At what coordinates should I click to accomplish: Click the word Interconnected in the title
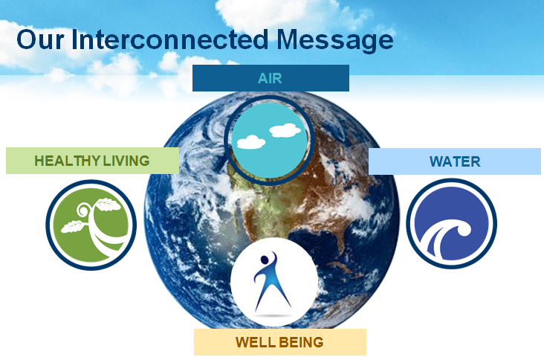pyautogui.click(x=169, y=39)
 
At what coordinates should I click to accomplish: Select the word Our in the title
pyautogui.click(x=40, y=39)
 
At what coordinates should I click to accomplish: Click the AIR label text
pyautogui.click(x=270, y=78)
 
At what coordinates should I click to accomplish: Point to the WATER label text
pyautogui.click(x=455, y=161)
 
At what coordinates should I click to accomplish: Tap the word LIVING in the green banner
pyautogui.click(x=126, y=161)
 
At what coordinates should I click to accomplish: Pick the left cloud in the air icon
pyautogui.click(x=251, y=142)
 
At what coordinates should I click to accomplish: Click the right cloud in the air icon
pyautogui.click(x=285, y=130)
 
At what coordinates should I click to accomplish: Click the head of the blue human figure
pyautogui.click(x=265, y=260)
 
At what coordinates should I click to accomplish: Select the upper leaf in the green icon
pyautogui.click(x=108, y=204)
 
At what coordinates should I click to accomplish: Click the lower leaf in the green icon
pyautogui.click(x=73, y=226)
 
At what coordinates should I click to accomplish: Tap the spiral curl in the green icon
pyautogui.click(x=84, y=210)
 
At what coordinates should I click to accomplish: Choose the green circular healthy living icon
pyautogui.click(x=91, y=225)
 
